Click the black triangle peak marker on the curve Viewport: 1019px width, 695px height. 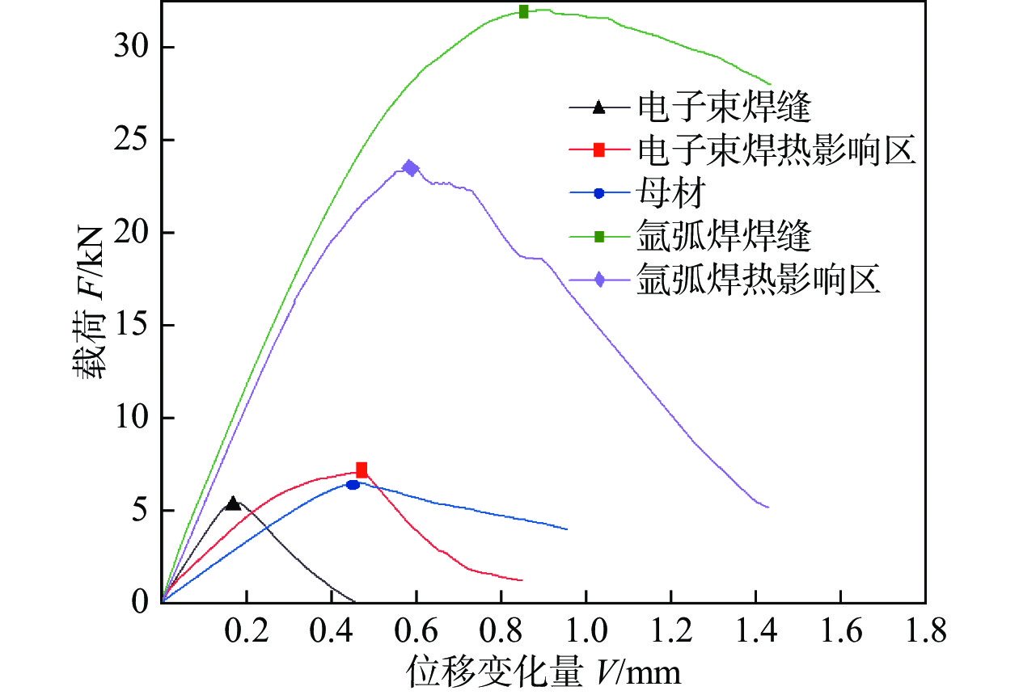(x=233, y=503)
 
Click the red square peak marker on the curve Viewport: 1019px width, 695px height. (x=362, y=470)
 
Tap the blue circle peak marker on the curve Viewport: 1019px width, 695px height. (x=353, y=485)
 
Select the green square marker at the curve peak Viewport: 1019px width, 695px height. (x=524, y=11)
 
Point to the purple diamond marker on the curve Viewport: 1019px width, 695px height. (x=411, y=168)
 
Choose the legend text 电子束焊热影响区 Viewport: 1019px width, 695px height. (x=776, y=150)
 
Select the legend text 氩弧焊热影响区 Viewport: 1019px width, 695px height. (x=758, y=280)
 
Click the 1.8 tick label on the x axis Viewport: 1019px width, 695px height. (x=925, y=630)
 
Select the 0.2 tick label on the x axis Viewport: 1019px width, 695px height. (x=247, y=630)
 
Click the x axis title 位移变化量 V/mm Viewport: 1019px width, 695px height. (x=542, y=670)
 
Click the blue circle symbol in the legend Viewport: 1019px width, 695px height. (x=599, y=193)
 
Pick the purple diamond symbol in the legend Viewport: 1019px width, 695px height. (x=599, y=280)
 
